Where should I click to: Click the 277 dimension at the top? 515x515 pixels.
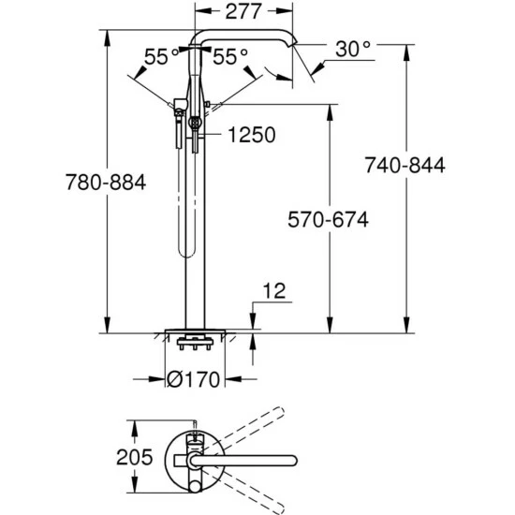click(243, 11)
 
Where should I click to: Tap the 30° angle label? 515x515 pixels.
click(353, 50)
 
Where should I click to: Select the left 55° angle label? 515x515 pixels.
click(161, 56)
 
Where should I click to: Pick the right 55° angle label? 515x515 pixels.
click(230, 56)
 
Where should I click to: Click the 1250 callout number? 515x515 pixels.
click(252, 135)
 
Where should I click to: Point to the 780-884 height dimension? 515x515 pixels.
click(106, 182)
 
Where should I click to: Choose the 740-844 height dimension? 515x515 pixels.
click(405, 165)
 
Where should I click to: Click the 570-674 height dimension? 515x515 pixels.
click(328, 219)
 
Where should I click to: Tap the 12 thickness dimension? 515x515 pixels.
click(274, 290)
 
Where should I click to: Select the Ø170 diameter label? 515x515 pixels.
click(193, 379)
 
